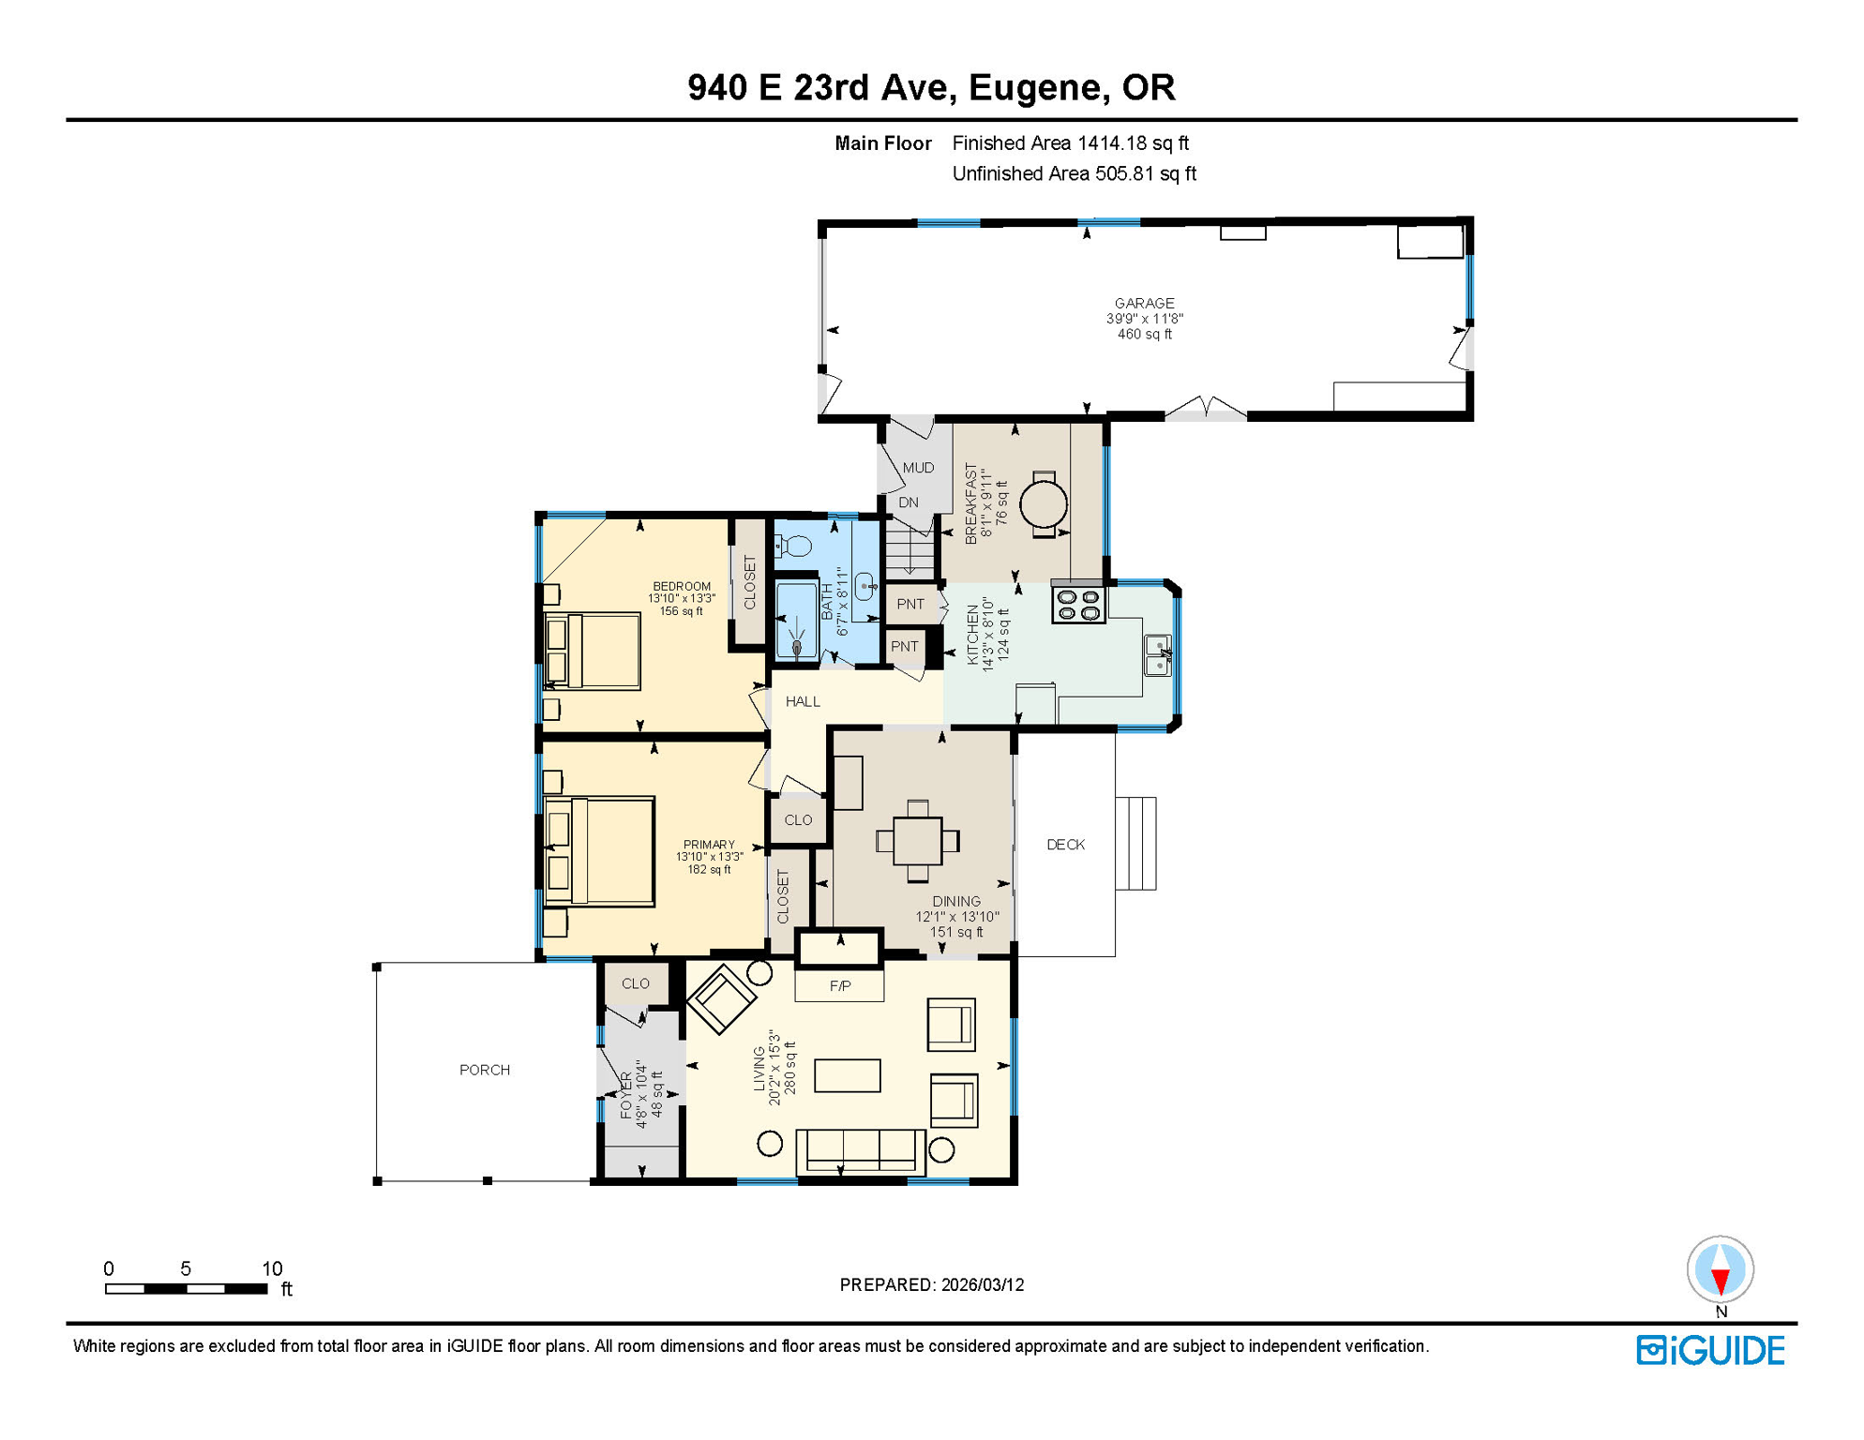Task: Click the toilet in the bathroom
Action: (796, 546)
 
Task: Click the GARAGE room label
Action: (1144, 303)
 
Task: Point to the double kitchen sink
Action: (1158, 654)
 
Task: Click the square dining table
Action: (917, 841)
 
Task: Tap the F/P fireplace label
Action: (840, 986)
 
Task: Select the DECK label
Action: (1065, 845)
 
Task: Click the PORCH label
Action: (485, 1070)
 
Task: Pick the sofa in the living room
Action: (860, 1150)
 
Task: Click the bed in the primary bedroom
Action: (600, 851)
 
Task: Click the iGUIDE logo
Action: (1710, 1351)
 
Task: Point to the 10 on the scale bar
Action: (271, 1268)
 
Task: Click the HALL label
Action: (803, 701)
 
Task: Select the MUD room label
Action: (918, 468)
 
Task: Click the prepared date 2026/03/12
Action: (983, 1285)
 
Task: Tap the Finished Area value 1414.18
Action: (1113, 143)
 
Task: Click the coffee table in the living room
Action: (847, 1075)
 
